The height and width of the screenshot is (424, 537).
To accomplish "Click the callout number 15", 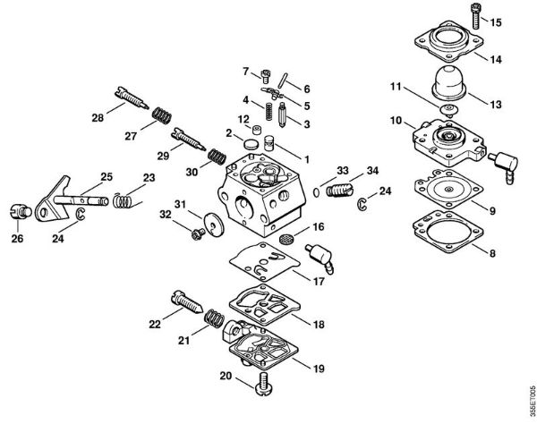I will [497, 21].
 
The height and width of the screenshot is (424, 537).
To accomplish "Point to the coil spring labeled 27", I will [161, 115].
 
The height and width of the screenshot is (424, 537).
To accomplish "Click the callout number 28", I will [97, 116].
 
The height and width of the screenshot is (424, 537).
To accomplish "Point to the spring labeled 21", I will [212, 318].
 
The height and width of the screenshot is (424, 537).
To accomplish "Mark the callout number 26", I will [18, 239].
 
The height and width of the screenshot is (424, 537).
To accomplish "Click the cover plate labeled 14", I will [448, 50].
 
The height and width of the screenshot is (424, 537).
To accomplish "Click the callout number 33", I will [318, 170].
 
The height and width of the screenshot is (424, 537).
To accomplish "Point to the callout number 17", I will [317, 279].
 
